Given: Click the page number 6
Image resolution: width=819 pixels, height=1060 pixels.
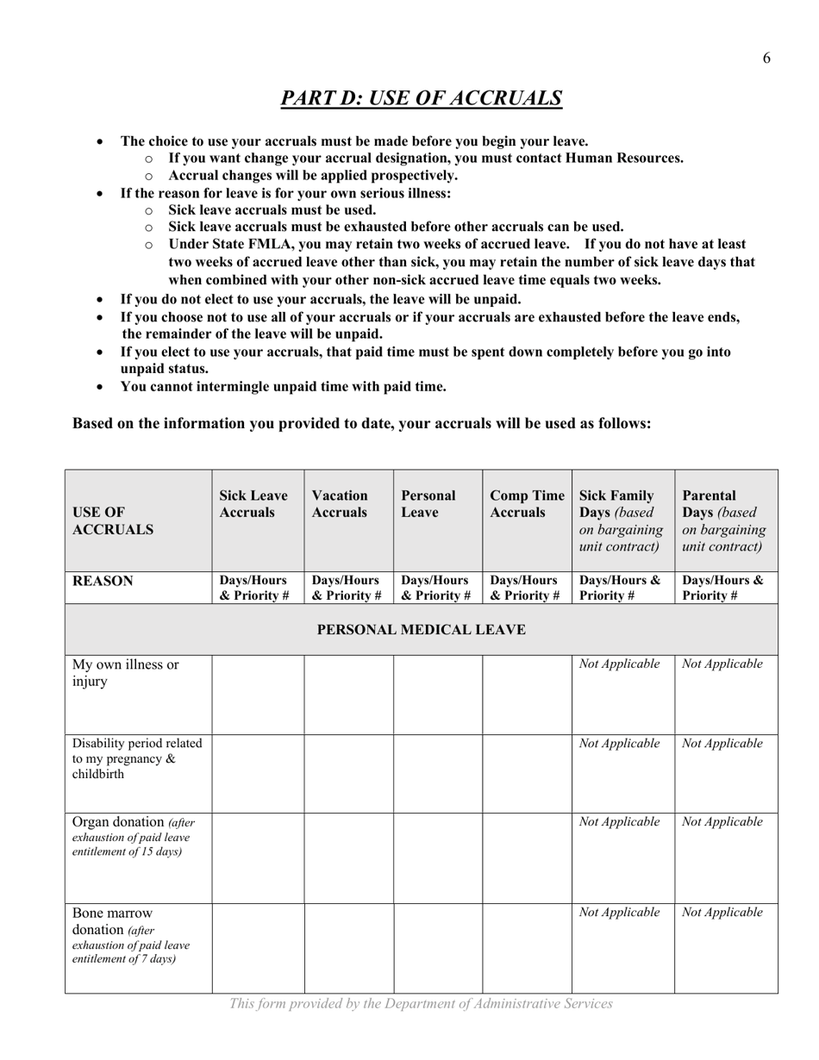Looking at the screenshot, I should (766, 59).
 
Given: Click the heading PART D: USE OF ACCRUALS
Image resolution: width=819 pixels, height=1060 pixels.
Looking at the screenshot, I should (422, 98).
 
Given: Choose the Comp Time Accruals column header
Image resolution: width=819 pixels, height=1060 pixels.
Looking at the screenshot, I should (527, 504).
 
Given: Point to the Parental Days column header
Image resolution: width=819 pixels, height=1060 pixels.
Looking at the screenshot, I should (723, 521).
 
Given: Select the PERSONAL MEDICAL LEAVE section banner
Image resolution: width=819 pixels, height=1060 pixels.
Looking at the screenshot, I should (422, 630).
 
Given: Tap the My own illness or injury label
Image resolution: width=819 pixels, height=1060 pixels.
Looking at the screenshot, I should (126, 673).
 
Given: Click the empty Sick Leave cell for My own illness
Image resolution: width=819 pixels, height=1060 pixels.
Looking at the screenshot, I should (258, 695).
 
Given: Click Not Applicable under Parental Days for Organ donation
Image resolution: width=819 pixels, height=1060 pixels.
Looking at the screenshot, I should (722, 822).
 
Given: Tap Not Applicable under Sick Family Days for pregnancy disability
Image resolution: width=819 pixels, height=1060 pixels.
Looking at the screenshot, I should (620, 744).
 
